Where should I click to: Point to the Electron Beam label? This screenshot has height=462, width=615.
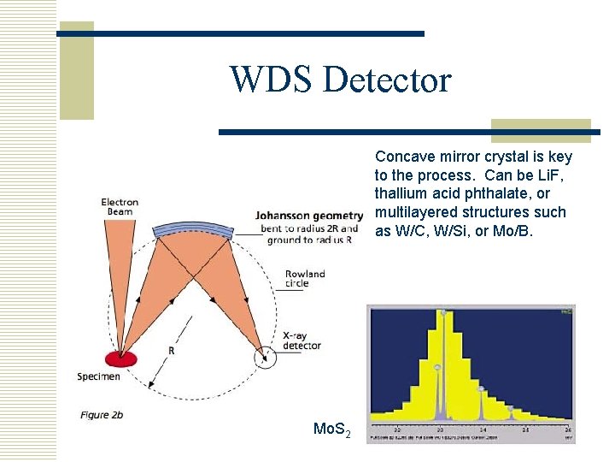pos(120,207)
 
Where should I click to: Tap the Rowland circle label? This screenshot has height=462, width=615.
pos(305,279)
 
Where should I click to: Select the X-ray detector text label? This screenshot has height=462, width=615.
pos(302,341)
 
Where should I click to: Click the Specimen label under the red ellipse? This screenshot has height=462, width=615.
pos(98,376)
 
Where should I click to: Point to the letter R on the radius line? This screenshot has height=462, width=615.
pos(172,352)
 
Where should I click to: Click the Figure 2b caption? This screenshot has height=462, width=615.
pos(102,415)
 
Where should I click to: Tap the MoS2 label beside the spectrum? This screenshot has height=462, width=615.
pos(332,429)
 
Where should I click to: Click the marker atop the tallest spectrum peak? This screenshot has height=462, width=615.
pos(442,313)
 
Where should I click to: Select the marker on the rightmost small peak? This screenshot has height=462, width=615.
pos(511,409)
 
